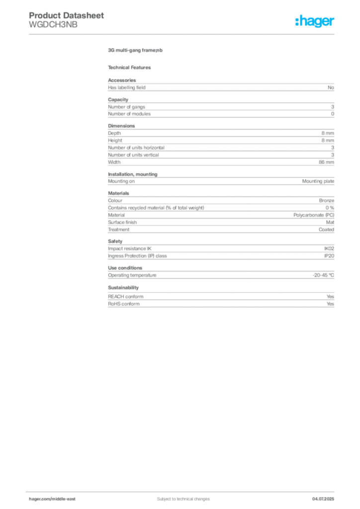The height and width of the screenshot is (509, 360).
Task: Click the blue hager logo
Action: coord(316,22)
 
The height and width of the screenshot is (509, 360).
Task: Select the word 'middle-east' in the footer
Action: coord(64,499)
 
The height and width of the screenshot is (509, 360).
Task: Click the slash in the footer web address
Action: coord(51,499)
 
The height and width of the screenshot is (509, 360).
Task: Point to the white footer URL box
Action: coord(56,499)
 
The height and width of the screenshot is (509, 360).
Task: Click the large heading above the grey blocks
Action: coord(135,51)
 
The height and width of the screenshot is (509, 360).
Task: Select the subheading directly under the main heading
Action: coord(131,67)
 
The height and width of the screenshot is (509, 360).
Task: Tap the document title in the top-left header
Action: coord(68,16)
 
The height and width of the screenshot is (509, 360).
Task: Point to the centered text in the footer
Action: coord(179,496)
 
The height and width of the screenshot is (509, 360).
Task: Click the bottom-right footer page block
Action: coord(327,496)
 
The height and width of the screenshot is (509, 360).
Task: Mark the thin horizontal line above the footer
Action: coord(199,490)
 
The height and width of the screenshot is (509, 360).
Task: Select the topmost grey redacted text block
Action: coord(221,86)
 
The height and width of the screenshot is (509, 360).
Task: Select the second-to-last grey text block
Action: coord(221,274)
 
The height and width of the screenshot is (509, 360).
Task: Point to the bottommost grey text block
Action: coord(221,299)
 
